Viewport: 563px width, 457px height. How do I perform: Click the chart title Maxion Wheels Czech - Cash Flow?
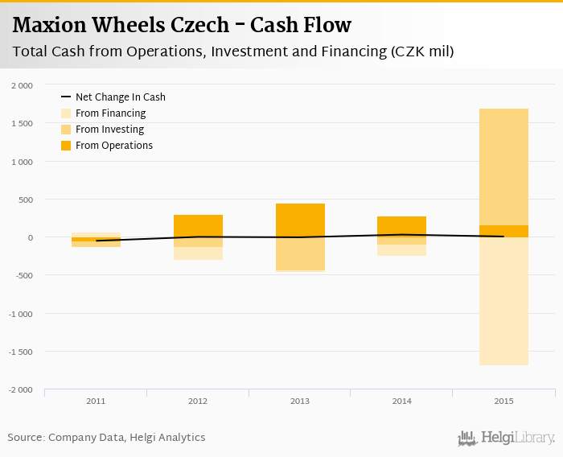point(182,25)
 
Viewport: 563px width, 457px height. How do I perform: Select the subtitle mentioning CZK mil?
point(233,52)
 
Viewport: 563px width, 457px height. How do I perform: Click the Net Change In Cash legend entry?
point(120,97)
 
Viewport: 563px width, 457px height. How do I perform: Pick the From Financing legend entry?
point(110,113)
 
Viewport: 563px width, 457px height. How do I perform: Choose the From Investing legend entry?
point(109,130)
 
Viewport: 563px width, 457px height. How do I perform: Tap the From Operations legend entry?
point(113,146)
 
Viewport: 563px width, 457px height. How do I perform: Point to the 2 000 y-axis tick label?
point(22,85)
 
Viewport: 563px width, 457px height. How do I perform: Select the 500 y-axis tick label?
point(26,200)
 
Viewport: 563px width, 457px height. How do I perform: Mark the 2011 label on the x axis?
point(96,401)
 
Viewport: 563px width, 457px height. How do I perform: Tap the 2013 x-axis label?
point(300,401)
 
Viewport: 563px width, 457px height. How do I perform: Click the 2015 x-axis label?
point(503,401)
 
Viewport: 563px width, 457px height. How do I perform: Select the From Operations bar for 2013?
point(300,220)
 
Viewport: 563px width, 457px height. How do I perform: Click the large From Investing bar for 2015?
point(503,167)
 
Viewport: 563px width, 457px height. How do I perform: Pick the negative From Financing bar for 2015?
point(503,301)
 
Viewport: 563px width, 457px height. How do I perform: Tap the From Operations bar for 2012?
point(198,226)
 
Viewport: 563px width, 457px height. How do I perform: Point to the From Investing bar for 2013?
point(300,253)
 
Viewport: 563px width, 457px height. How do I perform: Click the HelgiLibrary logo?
point(507,438)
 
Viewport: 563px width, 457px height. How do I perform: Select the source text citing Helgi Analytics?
point(106,438)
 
